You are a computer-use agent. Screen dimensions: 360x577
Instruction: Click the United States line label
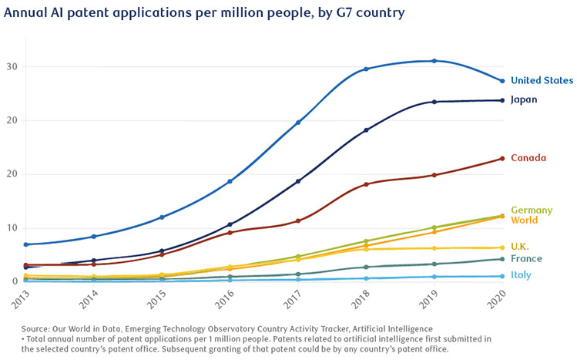point(542,80)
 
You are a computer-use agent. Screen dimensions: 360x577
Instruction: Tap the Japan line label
point(524,99)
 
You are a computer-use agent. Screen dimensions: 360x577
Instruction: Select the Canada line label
point(528,158)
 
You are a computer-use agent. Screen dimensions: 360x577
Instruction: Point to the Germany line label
point(531,210)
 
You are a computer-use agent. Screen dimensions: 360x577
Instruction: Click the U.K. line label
point(520,246)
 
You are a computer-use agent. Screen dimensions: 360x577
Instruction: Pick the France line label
point(525,259)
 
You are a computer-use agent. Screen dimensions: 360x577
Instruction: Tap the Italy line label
point(520,275)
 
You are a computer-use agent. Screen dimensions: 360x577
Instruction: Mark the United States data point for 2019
point(434,61)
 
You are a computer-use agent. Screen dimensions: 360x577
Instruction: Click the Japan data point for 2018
point(366,130)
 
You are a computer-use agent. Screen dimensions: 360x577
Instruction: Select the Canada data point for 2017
point(298,220)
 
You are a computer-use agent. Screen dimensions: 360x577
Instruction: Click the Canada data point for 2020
point(502,159)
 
